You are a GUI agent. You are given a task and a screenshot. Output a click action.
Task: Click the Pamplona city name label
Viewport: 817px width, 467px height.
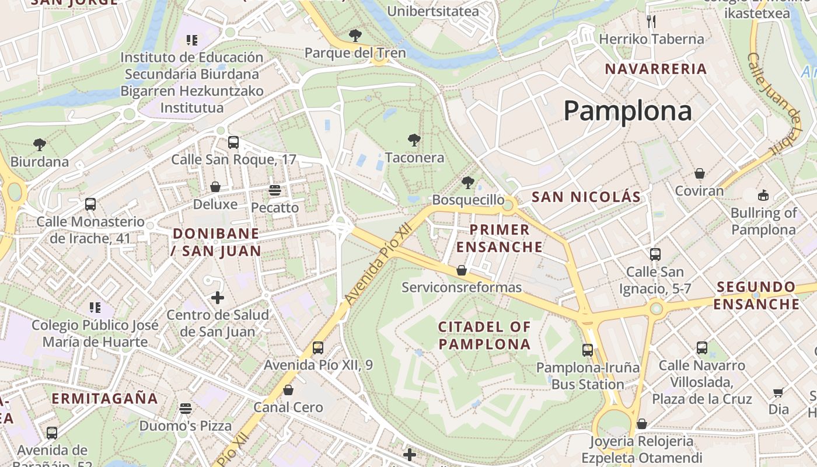point(627,110)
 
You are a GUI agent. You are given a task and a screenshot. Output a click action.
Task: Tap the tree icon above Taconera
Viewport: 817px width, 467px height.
point(414,140)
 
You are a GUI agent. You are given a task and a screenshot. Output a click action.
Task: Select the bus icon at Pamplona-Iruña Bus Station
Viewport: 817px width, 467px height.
point(588,350)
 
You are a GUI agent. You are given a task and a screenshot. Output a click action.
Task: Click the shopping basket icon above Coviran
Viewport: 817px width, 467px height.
point(699,173)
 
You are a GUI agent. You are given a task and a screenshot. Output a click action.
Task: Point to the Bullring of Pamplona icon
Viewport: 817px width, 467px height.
point(763,195)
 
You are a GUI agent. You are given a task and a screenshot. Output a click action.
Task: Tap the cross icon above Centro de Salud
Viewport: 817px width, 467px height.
point(218,298)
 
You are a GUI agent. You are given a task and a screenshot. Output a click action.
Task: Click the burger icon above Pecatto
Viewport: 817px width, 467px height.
point(275,190)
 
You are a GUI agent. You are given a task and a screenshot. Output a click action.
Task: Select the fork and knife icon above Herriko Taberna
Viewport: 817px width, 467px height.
point(652,22)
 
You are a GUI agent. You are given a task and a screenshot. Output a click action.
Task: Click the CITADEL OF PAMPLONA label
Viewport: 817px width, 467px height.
point(484,335)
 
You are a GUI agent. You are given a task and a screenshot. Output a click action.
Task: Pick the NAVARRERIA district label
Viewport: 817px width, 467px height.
point(655,69)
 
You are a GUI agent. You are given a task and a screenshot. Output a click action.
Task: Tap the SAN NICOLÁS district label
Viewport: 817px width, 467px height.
point(586,197)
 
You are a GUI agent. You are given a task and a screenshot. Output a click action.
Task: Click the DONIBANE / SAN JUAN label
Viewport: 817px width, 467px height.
point(216,242)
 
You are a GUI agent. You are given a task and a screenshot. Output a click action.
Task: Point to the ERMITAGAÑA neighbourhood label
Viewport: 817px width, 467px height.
point(105,399)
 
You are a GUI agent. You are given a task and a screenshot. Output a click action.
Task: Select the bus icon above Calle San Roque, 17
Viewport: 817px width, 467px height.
point(233,142)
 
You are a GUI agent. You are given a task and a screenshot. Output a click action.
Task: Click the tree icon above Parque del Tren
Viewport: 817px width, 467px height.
point(355,36)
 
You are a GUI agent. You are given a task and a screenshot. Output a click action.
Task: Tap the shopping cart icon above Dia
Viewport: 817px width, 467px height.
point(778,392)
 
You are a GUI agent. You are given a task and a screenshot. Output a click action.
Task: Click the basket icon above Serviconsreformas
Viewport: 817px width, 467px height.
point(462,270)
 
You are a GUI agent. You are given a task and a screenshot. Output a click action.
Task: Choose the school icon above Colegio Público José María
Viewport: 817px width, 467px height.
point(95,308)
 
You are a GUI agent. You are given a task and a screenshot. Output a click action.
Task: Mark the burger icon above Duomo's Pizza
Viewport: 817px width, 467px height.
point(186,408)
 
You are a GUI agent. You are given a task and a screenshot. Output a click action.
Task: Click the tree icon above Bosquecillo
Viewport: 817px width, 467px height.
point(467,183)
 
